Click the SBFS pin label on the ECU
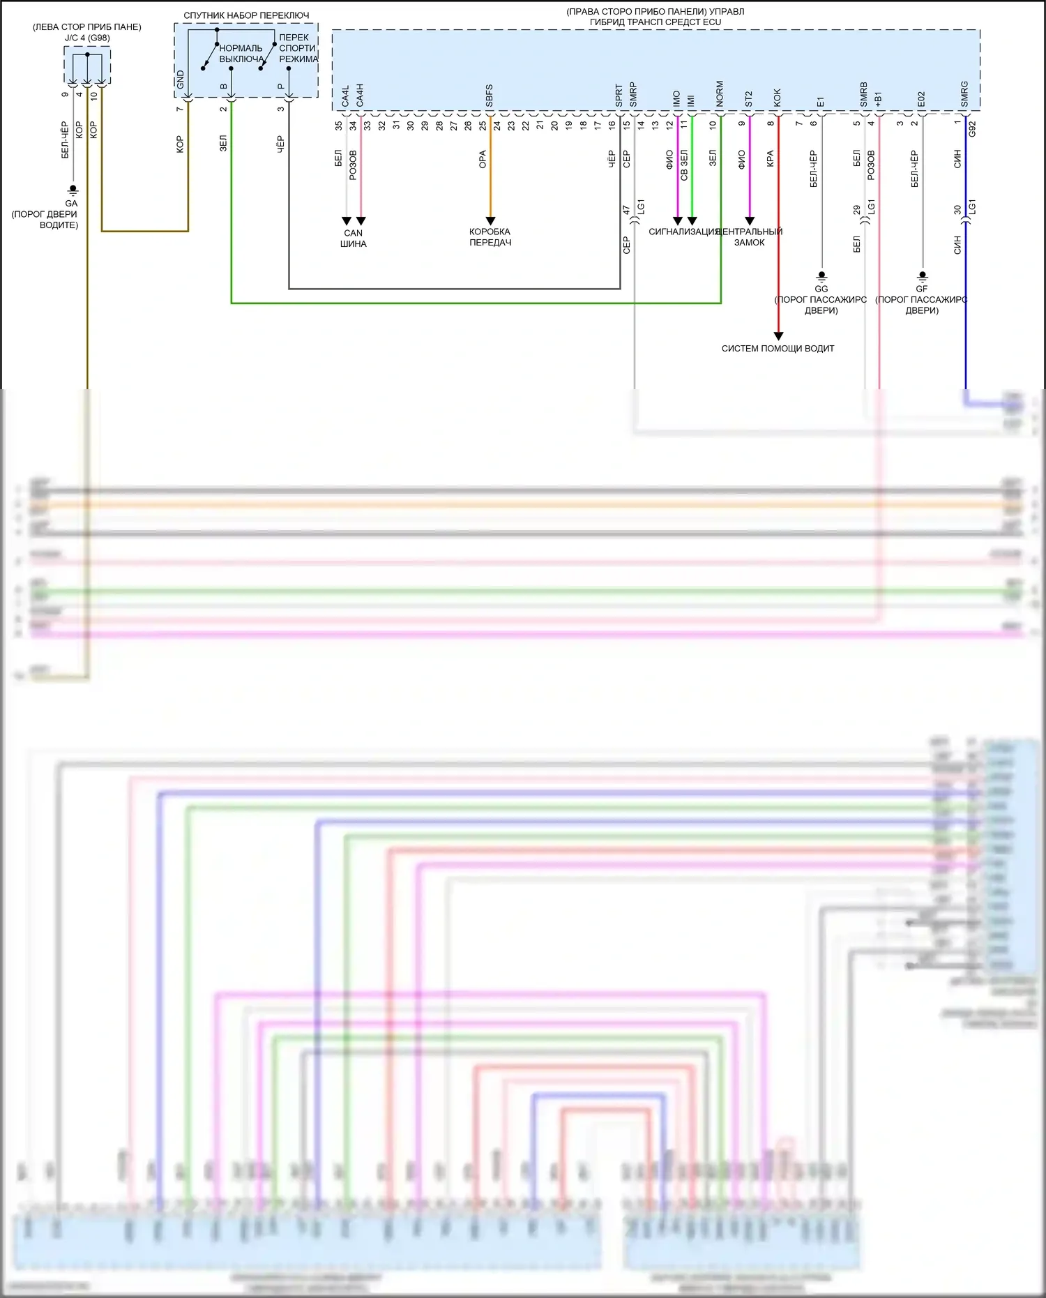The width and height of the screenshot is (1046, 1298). point(489,96)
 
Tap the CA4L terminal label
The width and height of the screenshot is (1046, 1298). point(345,96)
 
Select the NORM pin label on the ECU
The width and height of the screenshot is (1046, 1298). point(720,94)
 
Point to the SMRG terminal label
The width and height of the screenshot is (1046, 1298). point(964,94)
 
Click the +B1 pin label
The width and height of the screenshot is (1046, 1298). point(878,98)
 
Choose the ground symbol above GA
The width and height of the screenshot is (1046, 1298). point(72,190)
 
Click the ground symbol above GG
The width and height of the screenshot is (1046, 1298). point(821,276)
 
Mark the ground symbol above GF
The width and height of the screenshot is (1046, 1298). point(922,276)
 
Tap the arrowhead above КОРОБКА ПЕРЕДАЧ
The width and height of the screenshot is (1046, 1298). point(490,220)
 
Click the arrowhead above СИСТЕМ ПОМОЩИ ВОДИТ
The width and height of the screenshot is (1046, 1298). point(778,336)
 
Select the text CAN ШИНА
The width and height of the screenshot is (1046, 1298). point(353,239)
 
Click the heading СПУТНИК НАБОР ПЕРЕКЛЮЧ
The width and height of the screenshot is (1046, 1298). point(246,15)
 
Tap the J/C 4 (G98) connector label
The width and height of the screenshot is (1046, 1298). point(87,38)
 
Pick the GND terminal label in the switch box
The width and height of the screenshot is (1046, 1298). point(181,79)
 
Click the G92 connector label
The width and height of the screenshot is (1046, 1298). point(972,128)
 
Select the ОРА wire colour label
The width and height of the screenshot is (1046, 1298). point(483,160)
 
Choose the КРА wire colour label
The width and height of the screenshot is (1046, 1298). point(771,158)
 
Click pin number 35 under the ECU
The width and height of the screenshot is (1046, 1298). point(339,126)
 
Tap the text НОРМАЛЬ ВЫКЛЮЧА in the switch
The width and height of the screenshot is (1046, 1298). point(241,54)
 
